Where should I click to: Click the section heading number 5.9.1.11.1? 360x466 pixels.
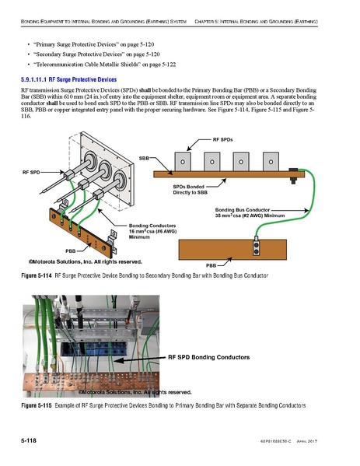coord(36,79)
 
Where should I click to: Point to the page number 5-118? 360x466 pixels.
coord(28,441)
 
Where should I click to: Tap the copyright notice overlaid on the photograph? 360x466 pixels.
coord(134,391)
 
